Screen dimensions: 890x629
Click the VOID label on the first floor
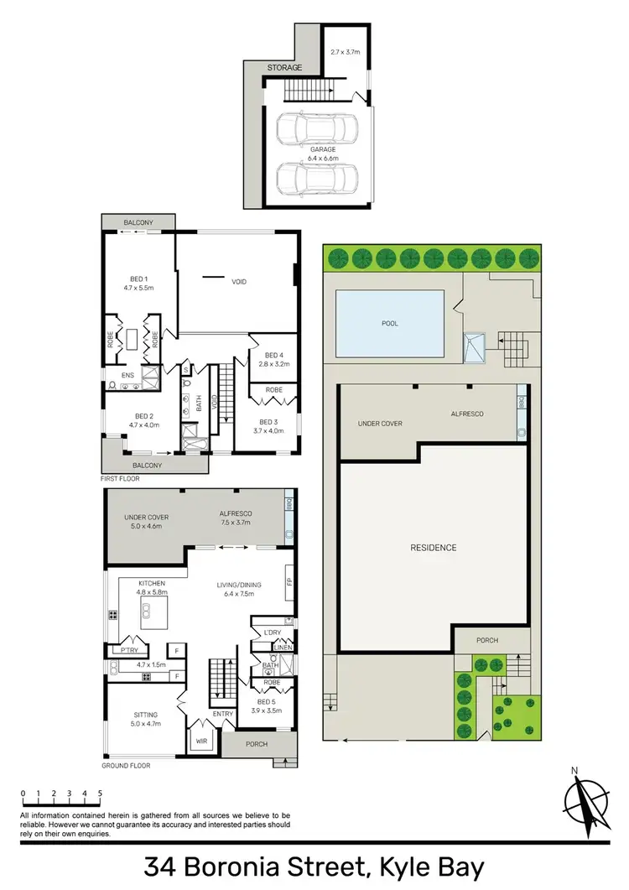tap(239, 282)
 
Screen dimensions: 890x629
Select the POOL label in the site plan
tap(389, 323)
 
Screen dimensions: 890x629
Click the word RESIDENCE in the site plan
tap(434, 548)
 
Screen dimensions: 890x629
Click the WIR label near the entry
tap(200, 741)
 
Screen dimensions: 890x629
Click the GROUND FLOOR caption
tap(126, 767)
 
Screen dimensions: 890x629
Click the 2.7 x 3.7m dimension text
tap(345, 51)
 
